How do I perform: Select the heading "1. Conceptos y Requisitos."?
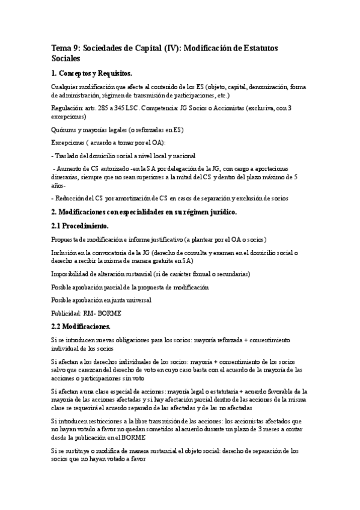[91, 73]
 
